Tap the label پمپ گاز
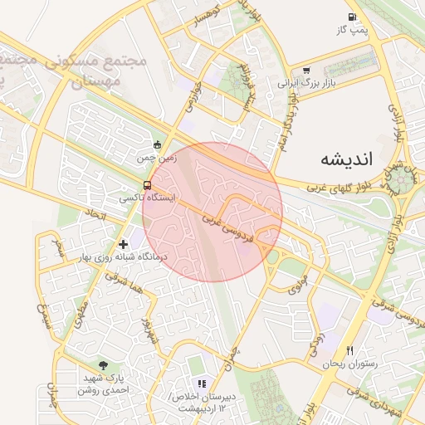[x=352, y=30]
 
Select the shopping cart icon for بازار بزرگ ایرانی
[x=306, y=71]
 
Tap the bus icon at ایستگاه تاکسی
[x=147, y=185]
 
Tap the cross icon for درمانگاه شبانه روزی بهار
[x=124, y=244]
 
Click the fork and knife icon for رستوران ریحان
[x=349, y=350]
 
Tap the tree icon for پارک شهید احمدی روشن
[x=103, y=364]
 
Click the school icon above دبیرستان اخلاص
[x=201, y=383]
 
